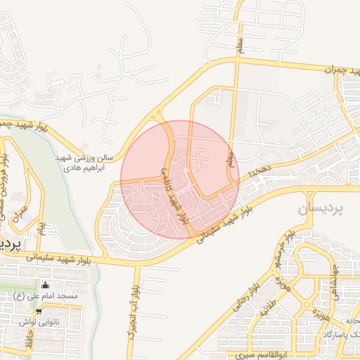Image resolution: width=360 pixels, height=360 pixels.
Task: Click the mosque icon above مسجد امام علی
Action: [46, 285]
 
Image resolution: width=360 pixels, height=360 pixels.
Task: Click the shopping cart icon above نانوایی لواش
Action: [39, 310]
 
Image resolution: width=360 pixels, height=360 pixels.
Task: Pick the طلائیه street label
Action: [269, 308]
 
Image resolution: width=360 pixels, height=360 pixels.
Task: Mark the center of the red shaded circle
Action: [180, 180]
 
